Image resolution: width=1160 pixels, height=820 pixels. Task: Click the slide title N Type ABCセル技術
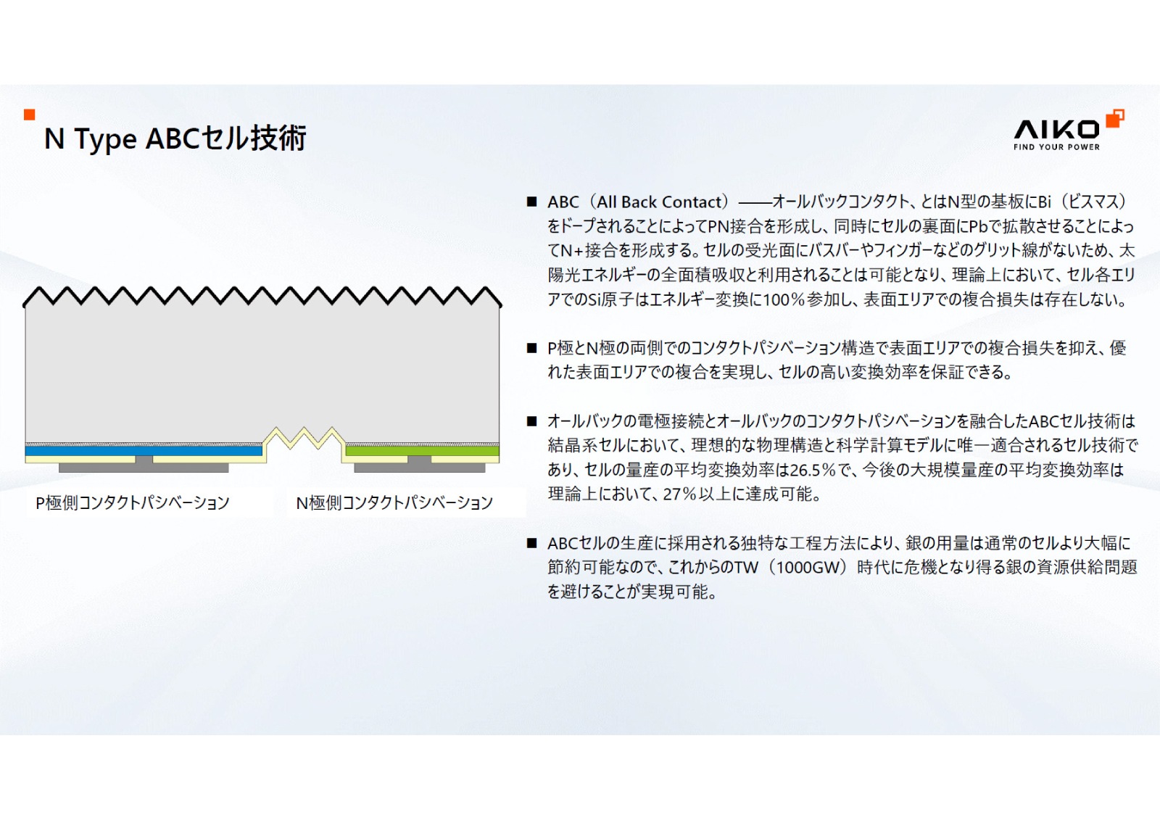click(175, 138)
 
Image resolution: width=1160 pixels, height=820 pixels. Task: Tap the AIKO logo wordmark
click(1056, 130)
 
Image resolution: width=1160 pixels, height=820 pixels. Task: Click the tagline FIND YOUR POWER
click(1056, 147)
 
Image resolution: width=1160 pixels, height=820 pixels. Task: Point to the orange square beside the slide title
click(30, 115)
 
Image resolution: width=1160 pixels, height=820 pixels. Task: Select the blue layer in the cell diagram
click(144, 451)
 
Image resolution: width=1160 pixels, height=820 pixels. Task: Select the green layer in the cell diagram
click(422, 451)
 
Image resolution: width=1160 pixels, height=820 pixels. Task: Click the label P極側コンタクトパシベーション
click(133, 502)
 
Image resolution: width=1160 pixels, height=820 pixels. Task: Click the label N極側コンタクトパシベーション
click(394, 502)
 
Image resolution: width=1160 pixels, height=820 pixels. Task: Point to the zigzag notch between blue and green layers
click(303, 439)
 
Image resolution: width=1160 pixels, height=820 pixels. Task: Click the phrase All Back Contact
click(659, 202)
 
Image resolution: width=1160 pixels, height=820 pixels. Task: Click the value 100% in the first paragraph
click(782, 299)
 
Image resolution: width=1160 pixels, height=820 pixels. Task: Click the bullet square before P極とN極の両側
click(532, 348)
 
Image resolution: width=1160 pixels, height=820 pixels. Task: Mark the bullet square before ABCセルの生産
click(532, 543)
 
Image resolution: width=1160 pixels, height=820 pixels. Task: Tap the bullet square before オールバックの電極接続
click(532, 421)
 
